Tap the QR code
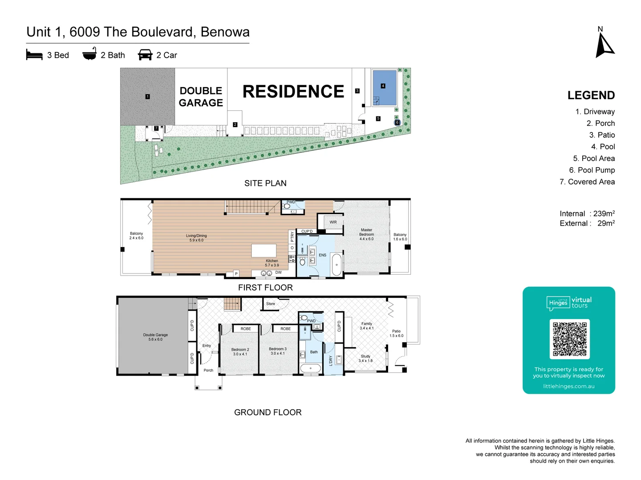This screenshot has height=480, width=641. tap(569, 339)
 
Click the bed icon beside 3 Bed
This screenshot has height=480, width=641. tap(34, 55)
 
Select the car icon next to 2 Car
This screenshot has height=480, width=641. tap(145, 55)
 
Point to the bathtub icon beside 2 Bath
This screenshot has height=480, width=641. tap(89, 54)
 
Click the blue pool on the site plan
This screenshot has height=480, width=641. tap(384, 88)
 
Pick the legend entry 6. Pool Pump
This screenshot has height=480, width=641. tap(592, 170)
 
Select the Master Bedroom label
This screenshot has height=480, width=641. tap(366, 235)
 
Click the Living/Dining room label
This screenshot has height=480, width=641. tap(196, 238)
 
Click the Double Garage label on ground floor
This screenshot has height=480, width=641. tap(155, 337)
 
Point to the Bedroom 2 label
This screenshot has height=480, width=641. tap(240, 352)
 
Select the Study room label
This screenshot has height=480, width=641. tap(365, 358)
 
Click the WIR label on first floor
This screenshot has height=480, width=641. tap(333, 222)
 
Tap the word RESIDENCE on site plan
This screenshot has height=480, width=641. tap(293, 92)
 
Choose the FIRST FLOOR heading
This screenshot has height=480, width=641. tap(265, 288)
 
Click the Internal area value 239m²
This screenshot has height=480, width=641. tap(604, 214)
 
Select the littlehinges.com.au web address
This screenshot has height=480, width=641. tap(568, 386)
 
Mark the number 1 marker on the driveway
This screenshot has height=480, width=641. tap(147, 96)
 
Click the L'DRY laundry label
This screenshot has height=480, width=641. tap(330, 360)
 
